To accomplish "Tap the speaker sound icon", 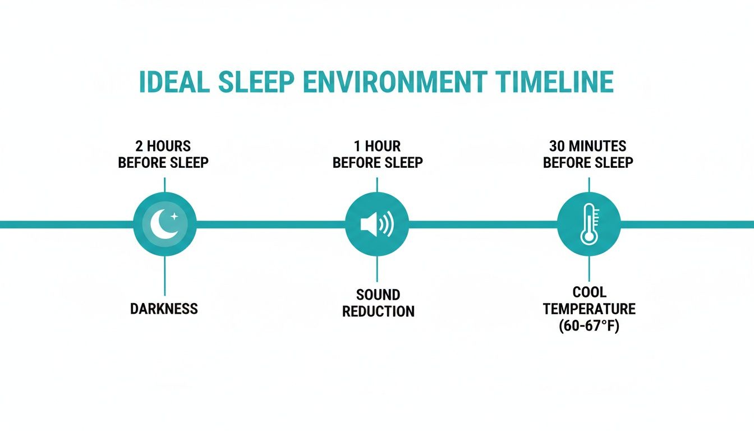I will click(376, 224).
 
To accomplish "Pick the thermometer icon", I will click(589, 224).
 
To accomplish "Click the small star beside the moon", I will click(174, 216).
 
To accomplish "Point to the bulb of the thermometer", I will click(588, 237).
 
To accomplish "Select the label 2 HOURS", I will click(163, 146).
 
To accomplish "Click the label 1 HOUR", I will click(377, 146).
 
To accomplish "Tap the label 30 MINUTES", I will click(588, 146).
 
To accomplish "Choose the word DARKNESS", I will click(164, 309).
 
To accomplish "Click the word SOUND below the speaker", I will click(378, 295).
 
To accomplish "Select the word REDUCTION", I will click(378, 311).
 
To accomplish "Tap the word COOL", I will click(589, 292).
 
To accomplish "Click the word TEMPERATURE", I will click(589, 309).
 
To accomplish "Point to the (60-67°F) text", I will click(589, 326).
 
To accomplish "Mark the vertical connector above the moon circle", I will click(164, 185).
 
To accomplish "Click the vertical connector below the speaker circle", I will click(377, 269).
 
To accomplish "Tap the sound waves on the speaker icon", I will click(387, 224).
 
